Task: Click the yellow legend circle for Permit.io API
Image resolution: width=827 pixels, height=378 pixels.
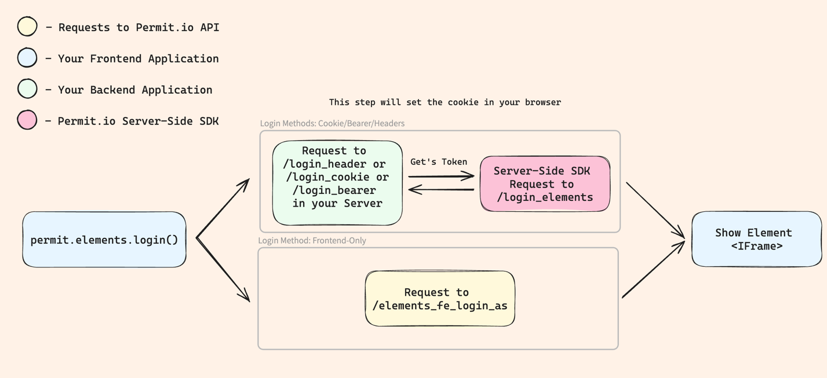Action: [27, 27]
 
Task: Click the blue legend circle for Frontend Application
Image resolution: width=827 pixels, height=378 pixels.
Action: [27, 58]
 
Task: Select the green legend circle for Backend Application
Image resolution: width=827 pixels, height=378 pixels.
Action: [27, 89]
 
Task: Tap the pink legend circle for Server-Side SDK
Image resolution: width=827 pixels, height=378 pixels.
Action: [27, 120]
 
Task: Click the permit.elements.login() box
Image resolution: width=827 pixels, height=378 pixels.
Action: [104, 240]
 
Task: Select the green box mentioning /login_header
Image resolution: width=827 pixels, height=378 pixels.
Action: [337, 183]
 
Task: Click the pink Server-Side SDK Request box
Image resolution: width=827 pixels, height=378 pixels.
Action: [545, 184]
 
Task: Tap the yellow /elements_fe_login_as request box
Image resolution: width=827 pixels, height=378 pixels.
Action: [440, 299]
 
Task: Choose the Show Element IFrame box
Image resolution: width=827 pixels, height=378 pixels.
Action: [756, 239]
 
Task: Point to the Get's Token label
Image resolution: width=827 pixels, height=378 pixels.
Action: [439, 162]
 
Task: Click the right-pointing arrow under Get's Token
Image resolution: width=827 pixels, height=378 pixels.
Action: [442, 176]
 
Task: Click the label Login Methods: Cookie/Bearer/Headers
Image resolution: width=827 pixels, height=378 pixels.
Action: [332, 123]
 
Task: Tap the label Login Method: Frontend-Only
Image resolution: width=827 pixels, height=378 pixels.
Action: [312, 240]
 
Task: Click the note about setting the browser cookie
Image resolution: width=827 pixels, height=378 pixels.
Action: [445, 102]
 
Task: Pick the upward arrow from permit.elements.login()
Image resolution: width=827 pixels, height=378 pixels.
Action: [223, 208]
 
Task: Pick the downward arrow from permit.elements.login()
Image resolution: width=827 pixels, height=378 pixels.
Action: [223, 270]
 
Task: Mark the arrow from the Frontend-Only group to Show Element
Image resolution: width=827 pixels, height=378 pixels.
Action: [653, 270]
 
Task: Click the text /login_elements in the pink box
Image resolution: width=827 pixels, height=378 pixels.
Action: [545, 197]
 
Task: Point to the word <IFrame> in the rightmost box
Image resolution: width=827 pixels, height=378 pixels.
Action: [756, 246]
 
